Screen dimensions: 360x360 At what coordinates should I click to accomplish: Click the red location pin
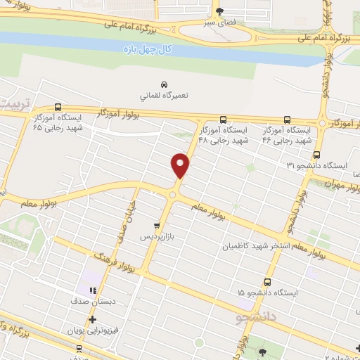click(x=181, y=165)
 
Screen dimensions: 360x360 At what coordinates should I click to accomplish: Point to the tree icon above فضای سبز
click(x=219, y=11)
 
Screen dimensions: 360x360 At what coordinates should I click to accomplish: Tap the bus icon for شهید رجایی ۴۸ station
click(x=222, y=119)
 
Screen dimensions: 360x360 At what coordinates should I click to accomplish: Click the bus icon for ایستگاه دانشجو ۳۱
click(x=316, y=154)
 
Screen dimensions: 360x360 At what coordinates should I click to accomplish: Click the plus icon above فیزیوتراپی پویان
click(x=91, y=319)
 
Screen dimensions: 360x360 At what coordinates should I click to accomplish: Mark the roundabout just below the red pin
click(x=172, y=194)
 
